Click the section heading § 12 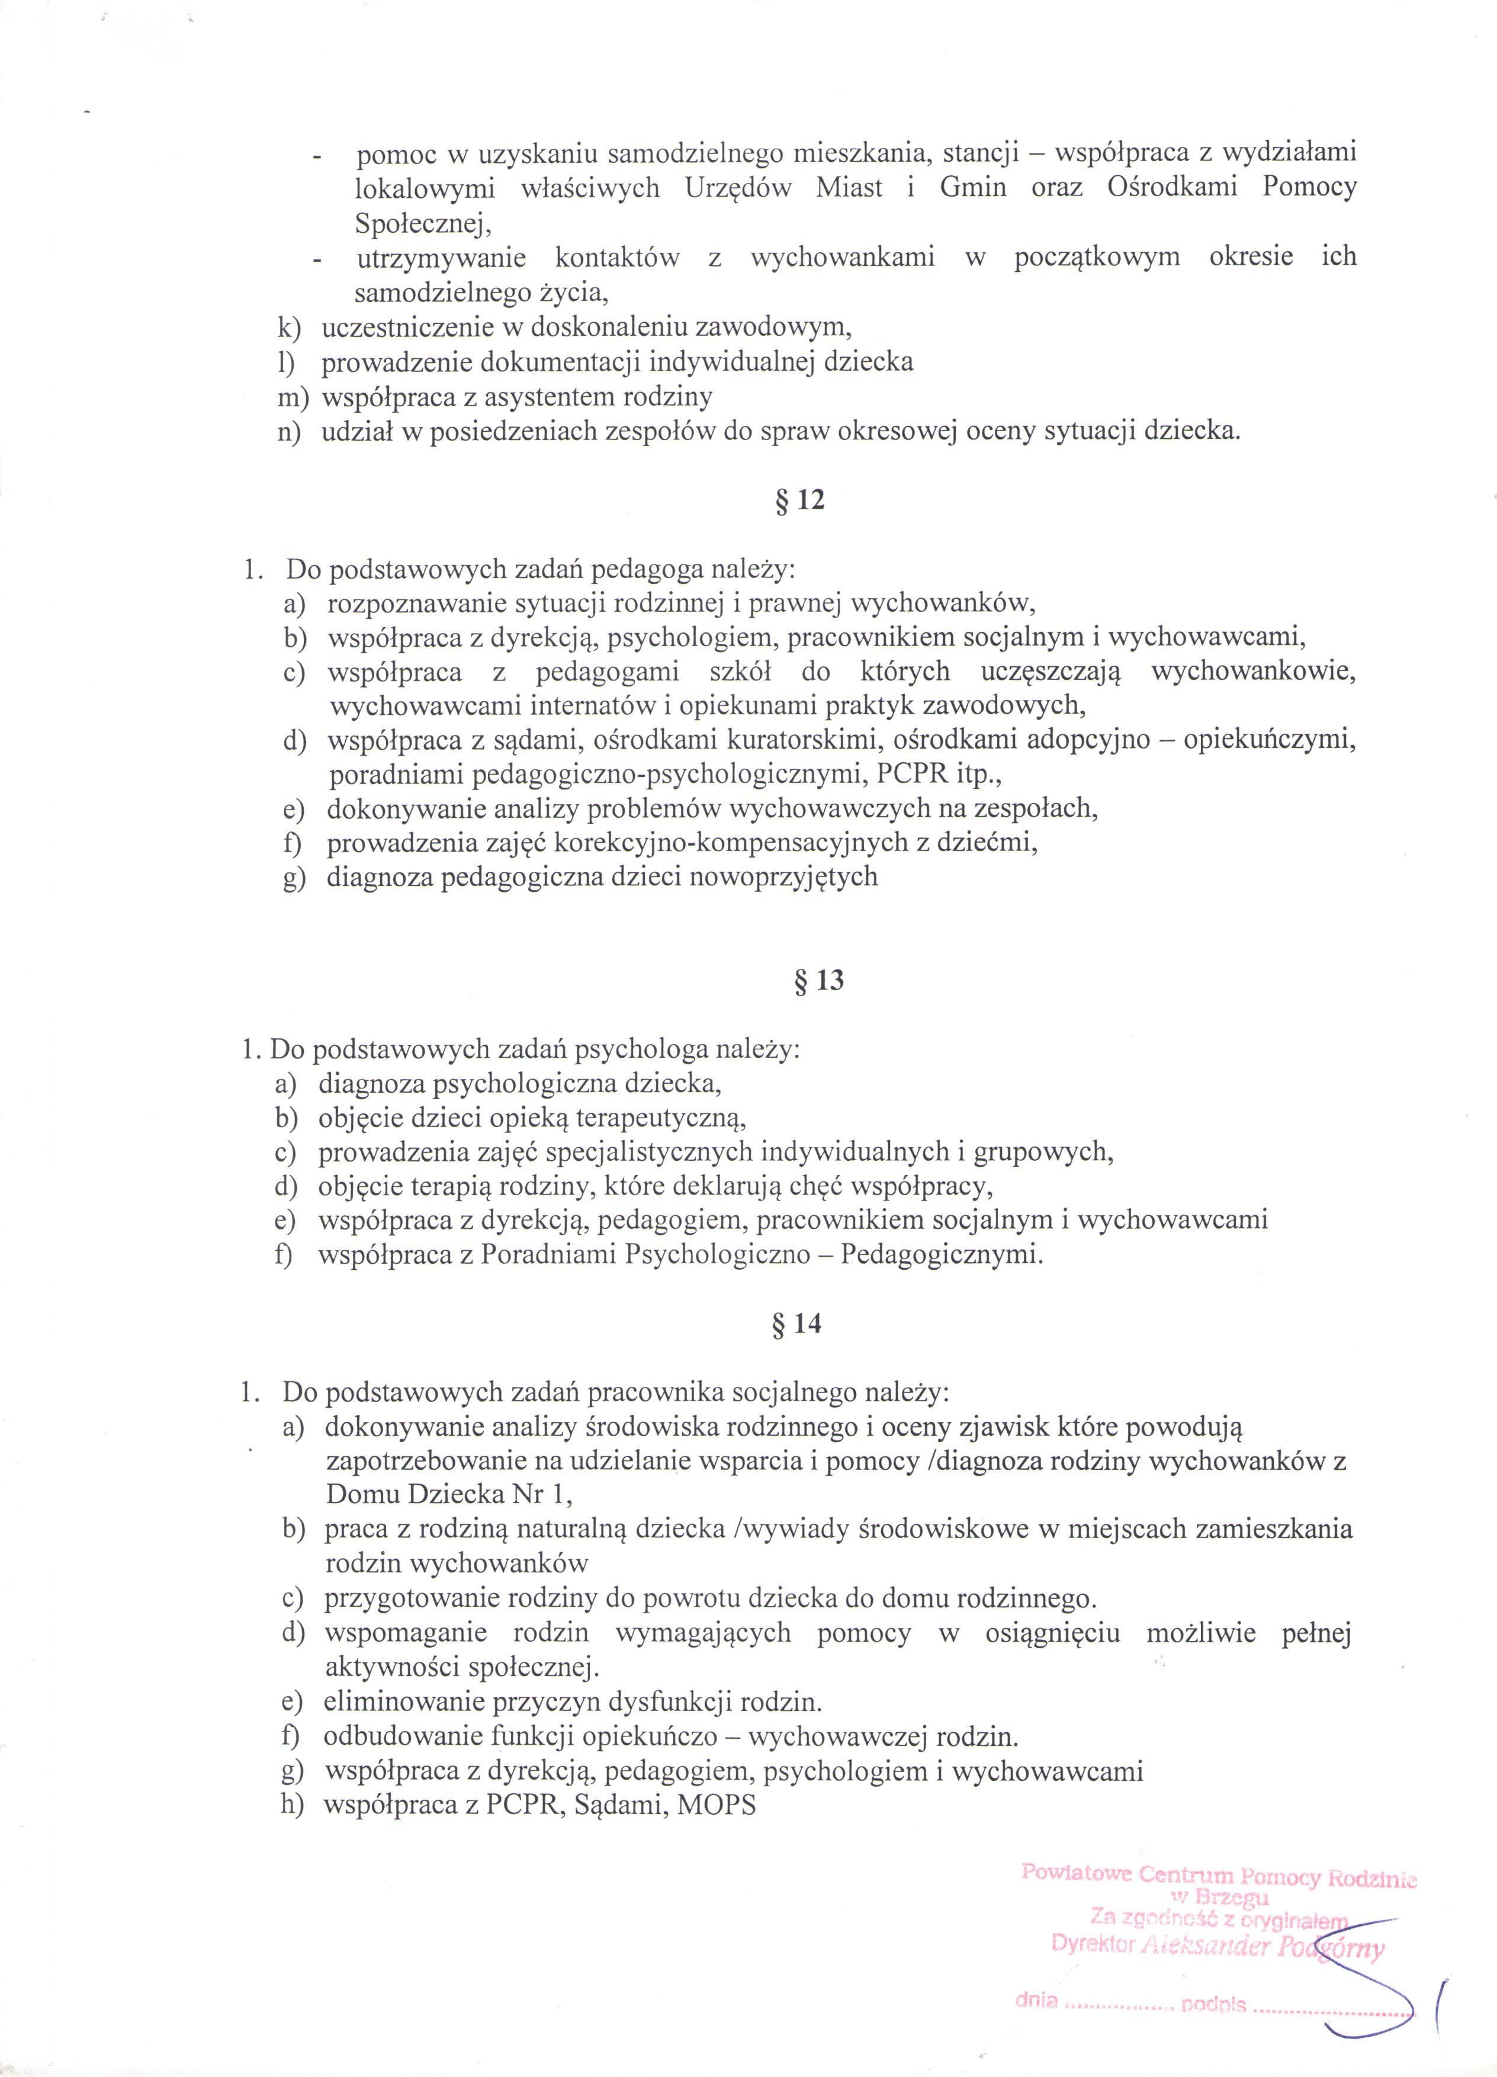pyautogui.click(x=800, y=501)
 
